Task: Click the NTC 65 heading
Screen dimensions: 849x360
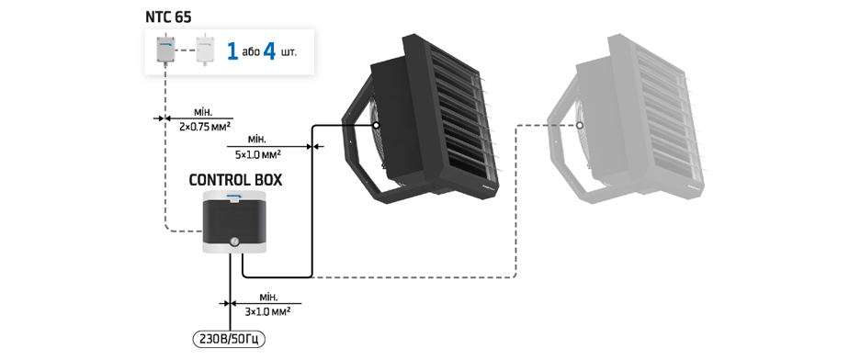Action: pos(168,17)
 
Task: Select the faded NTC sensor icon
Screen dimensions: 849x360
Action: pos(205,50)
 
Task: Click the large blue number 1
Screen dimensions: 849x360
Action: pos(232,51)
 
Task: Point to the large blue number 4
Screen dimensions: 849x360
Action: pos(269,51)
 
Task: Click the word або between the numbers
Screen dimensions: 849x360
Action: pos(251,52)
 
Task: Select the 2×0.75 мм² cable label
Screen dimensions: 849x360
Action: pos(205,127)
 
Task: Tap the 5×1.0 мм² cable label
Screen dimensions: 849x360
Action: pos(257,154)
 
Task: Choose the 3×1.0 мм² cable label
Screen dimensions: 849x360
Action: pos(268,312)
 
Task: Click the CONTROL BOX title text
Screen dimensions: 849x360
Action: pos(235,180)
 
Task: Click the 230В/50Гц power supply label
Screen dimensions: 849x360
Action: pos(230,340)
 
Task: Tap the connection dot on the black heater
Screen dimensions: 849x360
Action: pos(377,126)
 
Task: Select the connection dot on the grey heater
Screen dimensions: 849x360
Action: pos(580,126)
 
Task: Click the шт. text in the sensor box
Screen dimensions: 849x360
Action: pos(289,52)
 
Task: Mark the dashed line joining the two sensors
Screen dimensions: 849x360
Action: pos(187,50)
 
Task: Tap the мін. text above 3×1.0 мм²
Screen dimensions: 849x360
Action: pos(268,298)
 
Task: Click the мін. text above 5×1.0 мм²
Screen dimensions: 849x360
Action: pos(257,139)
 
